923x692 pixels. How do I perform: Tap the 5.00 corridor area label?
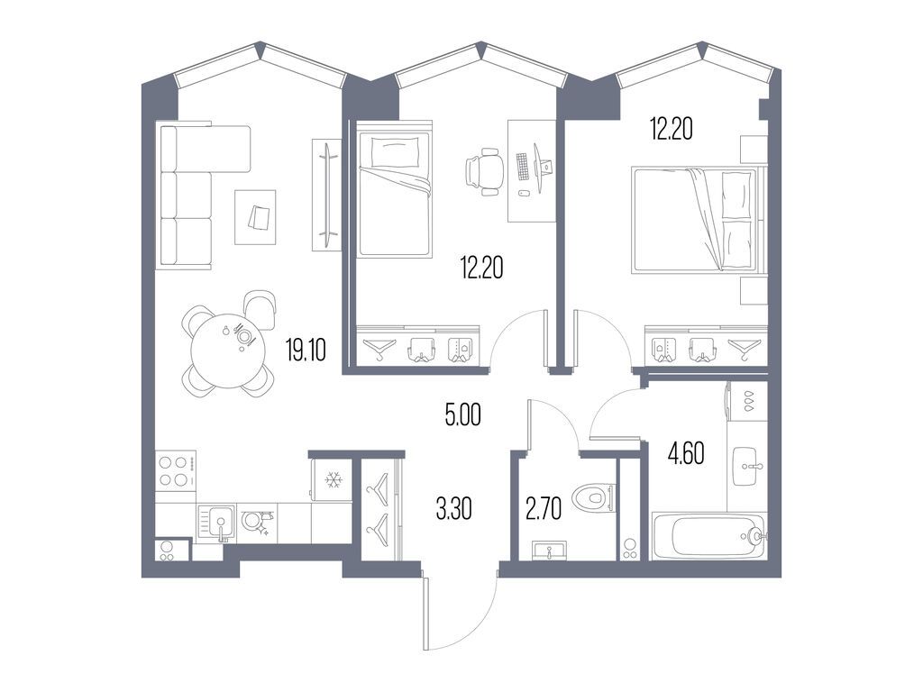click(x=463, y=415)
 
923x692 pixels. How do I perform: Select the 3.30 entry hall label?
click(x=453, y=510)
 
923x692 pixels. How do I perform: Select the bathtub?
click(x=708, y=537)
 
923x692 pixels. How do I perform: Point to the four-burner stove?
click(x=177, y=471)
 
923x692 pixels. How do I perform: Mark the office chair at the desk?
click(x=484, y=171)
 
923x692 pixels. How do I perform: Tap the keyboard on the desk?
click(x=523, y=166)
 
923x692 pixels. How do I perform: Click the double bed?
click(x=694, y=219)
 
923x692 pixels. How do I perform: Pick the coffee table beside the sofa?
click(x=256, y=216)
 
